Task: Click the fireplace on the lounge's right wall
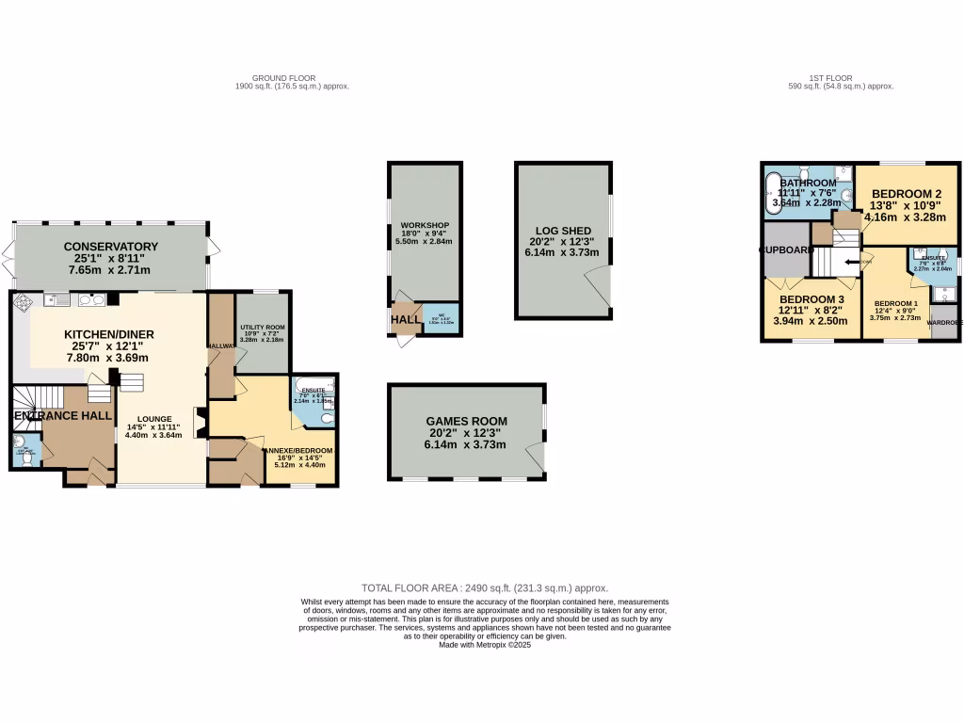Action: [199, 422]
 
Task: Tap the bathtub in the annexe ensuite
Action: [309, 385]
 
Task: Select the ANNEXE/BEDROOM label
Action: [299, 451]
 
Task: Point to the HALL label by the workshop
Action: [407, 319]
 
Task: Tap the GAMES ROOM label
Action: [466, 421]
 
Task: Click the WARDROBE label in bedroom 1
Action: [944, 322]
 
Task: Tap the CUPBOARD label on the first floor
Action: [787, 250]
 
